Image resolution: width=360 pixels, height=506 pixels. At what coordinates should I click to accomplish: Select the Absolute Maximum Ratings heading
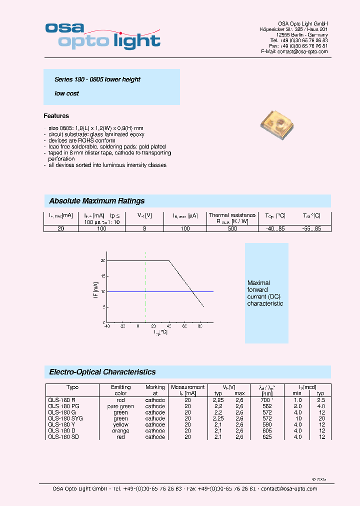click(x=97, y=201)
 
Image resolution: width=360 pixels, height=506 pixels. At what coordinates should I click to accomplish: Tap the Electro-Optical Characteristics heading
click(x=102, y=372)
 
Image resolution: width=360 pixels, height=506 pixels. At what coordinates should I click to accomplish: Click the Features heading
click(x=56, y=116)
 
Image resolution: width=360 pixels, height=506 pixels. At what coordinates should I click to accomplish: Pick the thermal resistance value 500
click(x=232, y=228)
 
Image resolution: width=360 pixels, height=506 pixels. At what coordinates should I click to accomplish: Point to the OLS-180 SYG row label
click(x=65, y=418)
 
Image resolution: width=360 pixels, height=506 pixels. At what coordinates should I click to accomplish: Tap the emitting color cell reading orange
click(x=121, y=430)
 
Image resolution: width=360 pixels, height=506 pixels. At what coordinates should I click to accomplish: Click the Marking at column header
click(x=155, y=390)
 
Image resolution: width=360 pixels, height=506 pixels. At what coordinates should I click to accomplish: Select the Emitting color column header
click(x=121, y=390)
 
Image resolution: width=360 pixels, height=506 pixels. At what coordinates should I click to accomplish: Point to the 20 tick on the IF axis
click(x=102, y=261)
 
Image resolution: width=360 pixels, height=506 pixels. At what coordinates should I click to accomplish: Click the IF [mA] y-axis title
click(x=95, y=290)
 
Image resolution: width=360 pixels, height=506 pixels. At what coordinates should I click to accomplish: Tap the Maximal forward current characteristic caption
click(x=265, y=293)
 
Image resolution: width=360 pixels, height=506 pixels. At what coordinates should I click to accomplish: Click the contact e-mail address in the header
click(x=294, y=51)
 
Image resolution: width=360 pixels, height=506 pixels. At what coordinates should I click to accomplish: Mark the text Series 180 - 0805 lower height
click(x=97, y=79)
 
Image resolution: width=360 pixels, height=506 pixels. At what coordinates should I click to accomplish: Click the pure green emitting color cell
click(x=121, y=406)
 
